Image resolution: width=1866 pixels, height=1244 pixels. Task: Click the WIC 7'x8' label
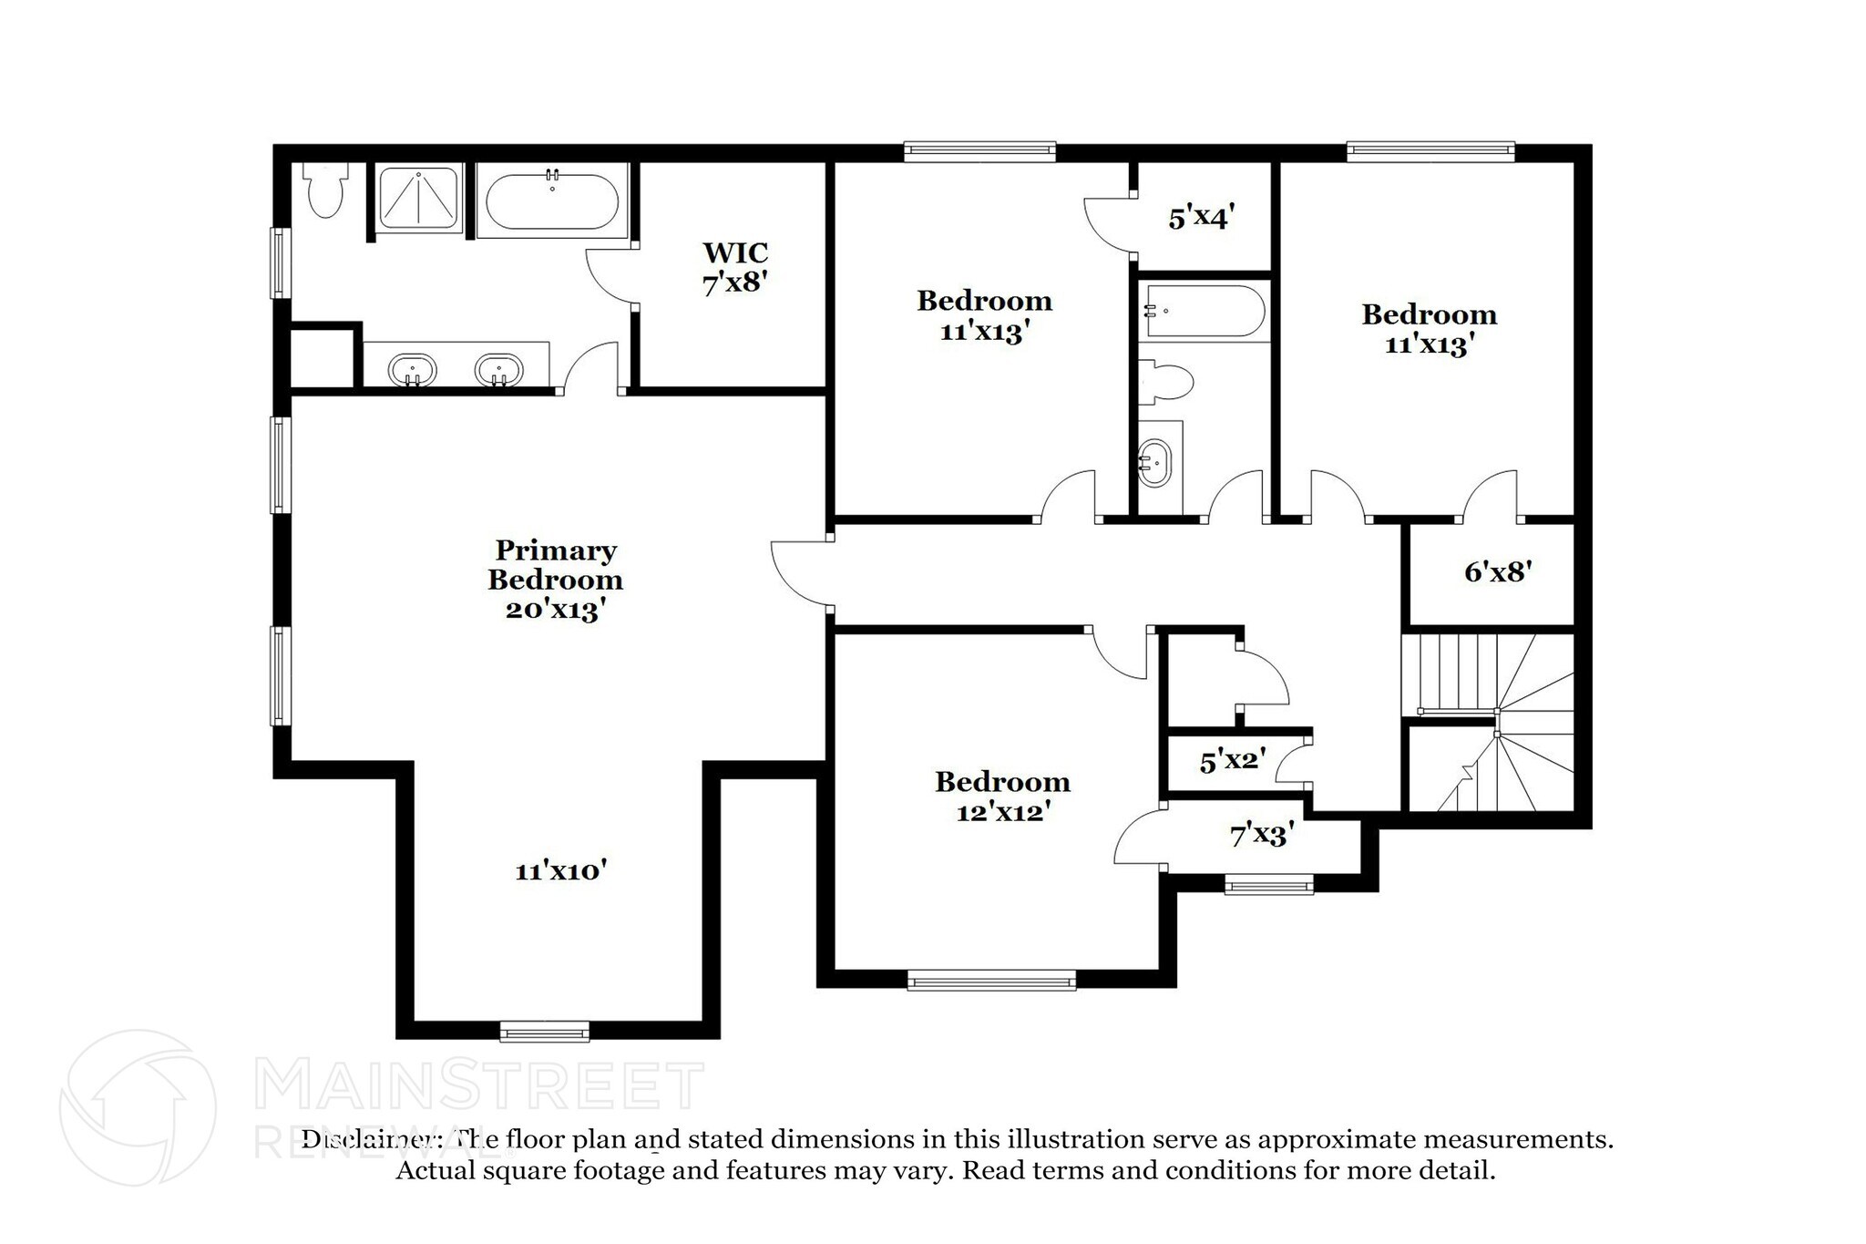tap(734, 267)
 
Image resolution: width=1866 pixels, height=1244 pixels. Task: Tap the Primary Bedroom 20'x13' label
tap(555, 580)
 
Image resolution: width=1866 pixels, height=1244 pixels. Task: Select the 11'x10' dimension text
tap(560, 871)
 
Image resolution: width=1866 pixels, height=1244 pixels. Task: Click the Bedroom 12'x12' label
tap(1001, 797)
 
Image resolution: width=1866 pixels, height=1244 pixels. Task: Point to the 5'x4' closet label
tap(1201, 218)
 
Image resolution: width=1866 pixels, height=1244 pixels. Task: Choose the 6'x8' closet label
tap(1497, 572)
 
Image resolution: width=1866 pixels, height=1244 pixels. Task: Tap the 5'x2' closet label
tap(1232, 761)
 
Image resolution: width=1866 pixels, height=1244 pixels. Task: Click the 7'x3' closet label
tap(1261, 834)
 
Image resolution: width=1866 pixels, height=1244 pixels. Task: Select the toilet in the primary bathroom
tap(325, 190)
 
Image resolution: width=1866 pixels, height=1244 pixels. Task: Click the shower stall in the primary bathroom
tap(418, 198)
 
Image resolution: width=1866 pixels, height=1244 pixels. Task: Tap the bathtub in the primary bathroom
tap(551, 202)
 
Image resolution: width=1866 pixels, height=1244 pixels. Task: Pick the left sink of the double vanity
tap(412, 370)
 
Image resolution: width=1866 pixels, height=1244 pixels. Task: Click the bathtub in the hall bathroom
tap(1205, 312)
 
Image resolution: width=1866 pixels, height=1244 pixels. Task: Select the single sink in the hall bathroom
tap(1155, 463)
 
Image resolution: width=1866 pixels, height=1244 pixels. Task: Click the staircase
tap(1494, 720)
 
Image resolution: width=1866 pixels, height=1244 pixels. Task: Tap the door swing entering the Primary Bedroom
tap(797, 572)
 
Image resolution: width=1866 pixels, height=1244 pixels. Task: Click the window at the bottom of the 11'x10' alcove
tap(545, 1032)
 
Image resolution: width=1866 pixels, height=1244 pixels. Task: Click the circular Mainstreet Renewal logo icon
tap(138, 1108)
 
